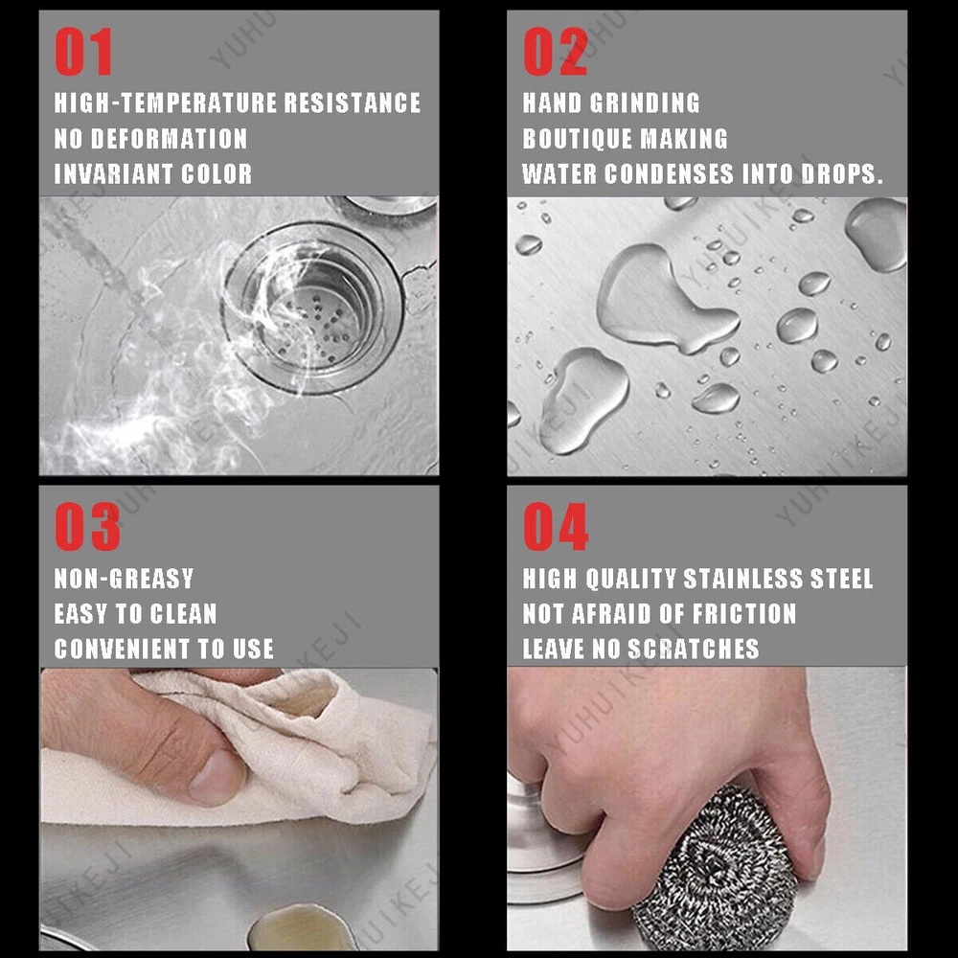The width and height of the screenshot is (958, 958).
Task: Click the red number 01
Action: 83,52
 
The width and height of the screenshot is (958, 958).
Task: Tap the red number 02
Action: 555,52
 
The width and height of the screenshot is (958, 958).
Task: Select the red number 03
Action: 87,527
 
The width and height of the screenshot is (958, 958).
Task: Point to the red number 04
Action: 556,527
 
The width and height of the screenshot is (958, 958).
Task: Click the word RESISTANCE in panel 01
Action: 353,103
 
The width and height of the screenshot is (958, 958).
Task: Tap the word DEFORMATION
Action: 170,139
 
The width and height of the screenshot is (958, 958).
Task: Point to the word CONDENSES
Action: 669,174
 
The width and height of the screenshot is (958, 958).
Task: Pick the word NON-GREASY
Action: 124,578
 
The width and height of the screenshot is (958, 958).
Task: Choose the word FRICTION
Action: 744,613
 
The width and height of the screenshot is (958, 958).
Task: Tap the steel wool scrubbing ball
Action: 714,870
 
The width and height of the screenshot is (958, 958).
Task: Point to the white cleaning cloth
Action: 244,751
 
